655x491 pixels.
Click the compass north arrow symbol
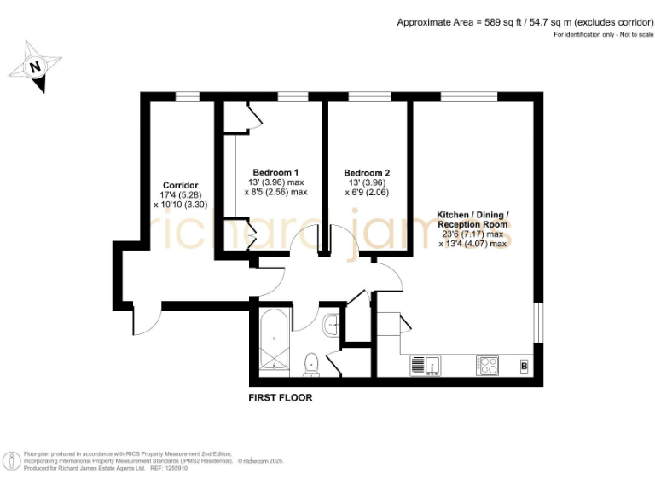(35, 66)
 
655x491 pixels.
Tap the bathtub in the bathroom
(275, 343)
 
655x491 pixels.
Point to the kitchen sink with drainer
(426, 366)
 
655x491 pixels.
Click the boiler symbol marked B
(525, 367)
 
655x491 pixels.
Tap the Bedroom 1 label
(275, 172)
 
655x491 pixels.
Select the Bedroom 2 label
(367, 172)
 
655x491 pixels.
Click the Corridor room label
(180, 185)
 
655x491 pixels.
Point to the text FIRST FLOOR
(280, 398)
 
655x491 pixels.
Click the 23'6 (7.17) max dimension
(472, 234)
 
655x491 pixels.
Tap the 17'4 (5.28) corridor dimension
(180, 195)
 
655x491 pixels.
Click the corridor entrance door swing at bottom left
(147, 320)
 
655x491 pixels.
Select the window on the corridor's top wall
(188, 96)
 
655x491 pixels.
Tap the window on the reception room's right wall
(539, 324)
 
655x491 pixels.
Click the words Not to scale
(626, 34)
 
